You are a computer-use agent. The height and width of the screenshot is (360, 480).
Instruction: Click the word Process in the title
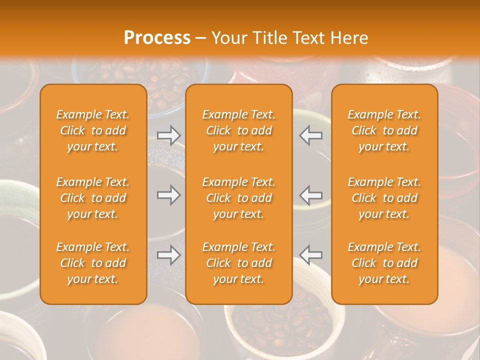pos(157,38)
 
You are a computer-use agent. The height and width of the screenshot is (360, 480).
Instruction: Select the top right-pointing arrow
pos(168,135)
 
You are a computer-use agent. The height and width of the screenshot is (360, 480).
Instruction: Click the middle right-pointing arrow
pos(168,195)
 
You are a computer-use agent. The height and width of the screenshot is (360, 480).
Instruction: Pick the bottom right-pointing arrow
pos(168,255)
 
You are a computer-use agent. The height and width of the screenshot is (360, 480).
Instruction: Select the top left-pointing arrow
pos(311,135)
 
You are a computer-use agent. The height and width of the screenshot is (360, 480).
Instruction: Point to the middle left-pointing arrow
pos(311,195)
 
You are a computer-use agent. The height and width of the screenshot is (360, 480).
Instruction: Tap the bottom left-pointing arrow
pos(311,255)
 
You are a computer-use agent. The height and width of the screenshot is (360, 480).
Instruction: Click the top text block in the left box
pos(93,130)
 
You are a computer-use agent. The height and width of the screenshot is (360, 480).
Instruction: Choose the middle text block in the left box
pos(93,198)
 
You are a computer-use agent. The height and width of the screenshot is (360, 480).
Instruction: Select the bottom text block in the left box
pos(93,263)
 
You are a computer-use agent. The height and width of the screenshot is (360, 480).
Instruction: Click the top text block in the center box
pos(238,130)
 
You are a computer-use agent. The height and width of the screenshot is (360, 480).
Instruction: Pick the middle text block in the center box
pos(238,198)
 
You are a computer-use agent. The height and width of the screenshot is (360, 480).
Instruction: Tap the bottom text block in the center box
pos(238,263)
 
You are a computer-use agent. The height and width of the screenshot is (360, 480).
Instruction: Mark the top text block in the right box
pos(384,130)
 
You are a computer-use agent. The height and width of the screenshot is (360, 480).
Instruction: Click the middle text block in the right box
pos(384,198)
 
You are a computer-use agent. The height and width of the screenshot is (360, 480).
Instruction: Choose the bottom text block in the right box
pos(384,263)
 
